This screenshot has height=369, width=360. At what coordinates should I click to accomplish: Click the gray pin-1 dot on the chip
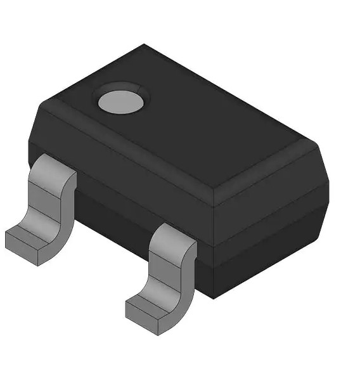tap(122, 99)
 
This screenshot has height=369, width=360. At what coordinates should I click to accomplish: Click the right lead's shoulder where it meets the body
tap(171, 236)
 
